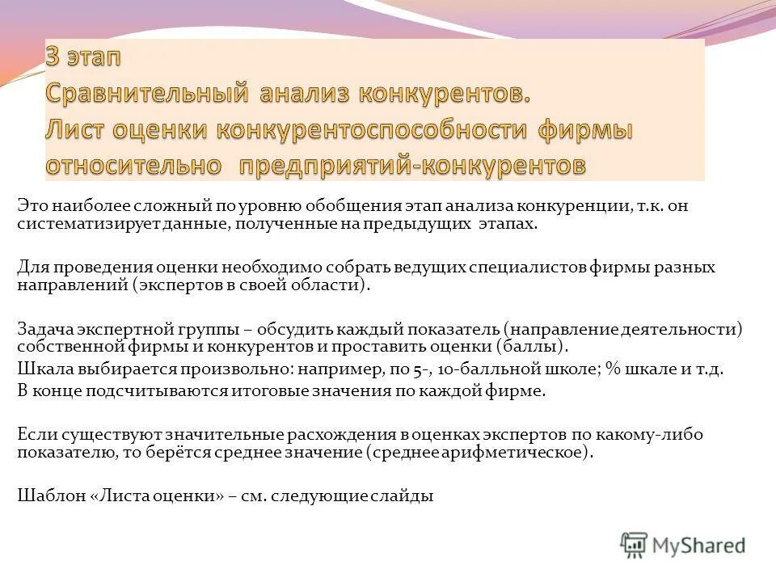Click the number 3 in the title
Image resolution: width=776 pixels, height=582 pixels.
pos(53,60)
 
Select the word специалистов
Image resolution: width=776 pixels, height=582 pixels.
pos(549,268)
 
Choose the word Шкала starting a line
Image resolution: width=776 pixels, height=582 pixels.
pos(40,369)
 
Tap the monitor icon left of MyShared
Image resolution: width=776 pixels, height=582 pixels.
pos(634,546)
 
